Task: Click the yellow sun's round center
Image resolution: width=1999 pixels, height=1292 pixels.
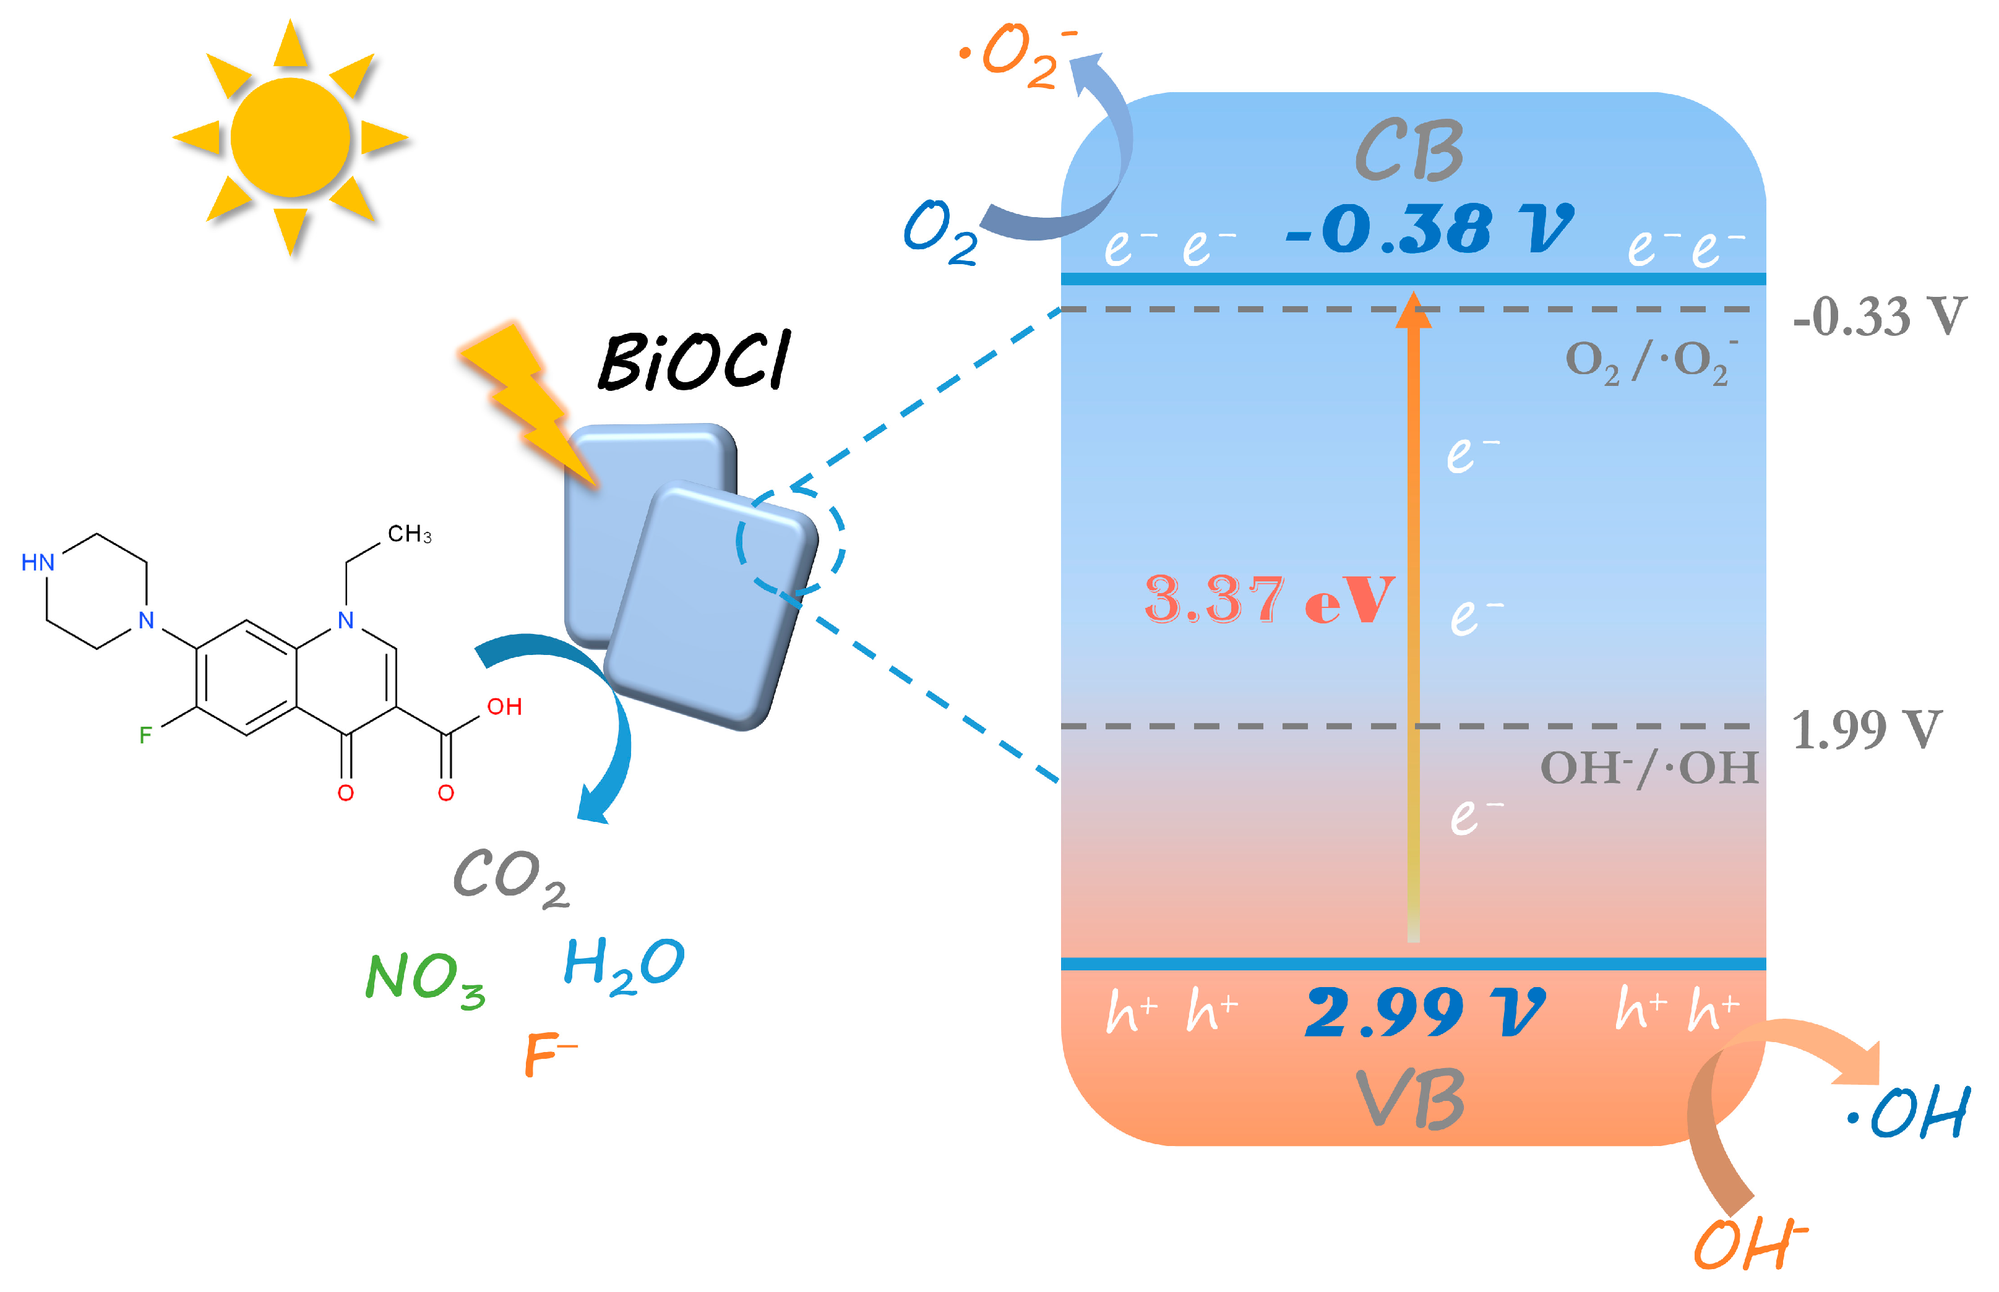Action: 290,137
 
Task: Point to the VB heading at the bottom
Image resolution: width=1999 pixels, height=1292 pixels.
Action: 1410,1099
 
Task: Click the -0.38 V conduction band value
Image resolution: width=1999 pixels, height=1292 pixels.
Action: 1429,228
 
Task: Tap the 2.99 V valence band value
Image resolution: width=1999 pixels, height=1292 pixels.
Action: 1424,1012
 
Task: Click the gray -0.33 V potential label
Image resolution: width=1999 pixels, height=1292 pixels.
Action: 1878,317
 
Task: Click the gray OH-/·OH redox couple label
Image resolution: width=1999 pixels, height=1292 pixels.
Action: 1648,768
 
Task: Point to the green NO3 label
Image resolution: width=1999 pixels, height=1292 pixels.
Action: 424,978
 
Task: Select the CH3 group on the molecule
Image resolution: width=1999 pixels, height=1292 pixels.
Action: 409,534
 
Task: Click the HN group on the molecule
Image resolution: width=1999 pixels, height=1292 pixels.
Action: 38,562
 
